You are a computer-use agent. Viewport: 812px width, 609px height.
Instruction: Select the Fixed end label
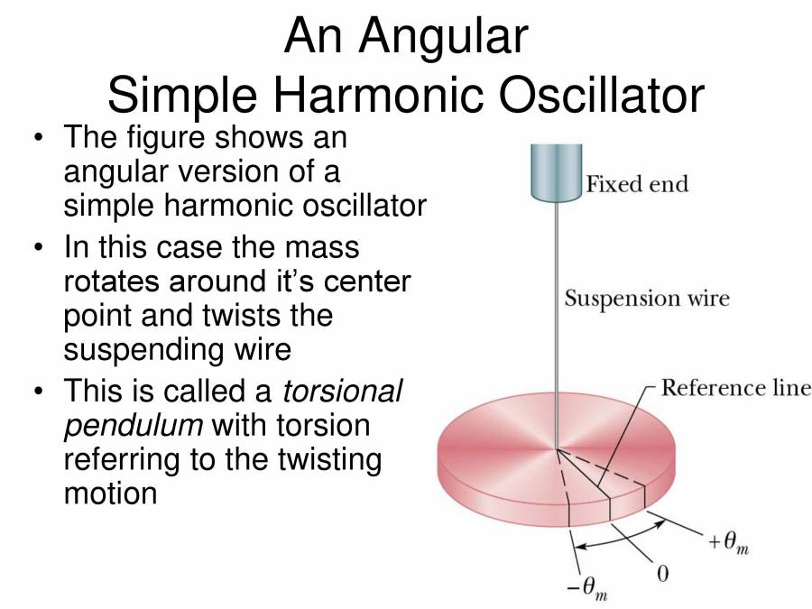pyautogui.click(x=637, y=185)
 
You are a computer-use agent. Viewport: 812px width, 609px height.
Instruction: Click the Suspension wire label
pyautogui.click(x=646, y=298)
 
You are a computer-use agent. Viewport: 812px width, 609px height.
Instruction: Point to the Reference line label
pyautogui.click(x=735, y=388)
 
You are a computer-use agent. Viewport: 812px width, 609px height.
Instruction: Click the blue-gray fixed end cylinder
pyautogui.click(x=554, y=171)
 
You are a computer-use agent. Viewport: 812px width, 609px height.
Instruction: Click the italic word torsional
pyautogui.click(x=343, y=392)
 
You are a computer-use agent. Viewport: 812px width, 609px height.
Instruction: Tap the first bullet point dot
pyautogui.click(x=38, y=140)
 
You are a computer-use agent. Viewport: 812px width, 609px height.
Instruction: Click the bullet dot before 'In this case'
pyautogui.click(x=38, y=247)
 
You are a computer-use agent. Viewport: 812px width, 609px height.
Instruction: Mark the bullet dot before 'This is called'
pyautogui.click(x=38, y=392)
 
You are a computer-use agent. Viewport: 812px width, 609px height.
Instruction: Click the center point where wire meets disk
pyautogui.click(x=556, y=448)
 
